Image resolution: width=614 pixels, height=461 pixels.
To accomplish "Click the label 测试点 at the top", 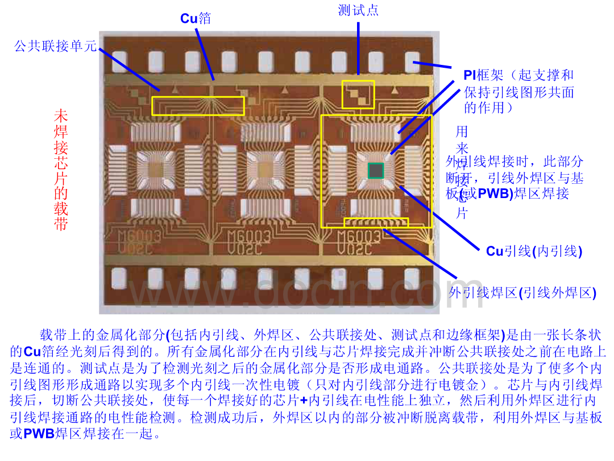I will pos(358,10).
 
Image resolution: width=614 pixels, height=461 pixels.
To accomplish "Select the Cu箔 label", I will pos(196,18).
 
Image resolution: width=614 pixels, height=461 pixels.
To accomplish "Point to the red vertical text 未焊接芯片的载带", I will pos(61,170).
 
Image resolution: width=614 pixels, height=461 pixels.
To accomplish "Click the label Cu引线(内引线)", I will pos(534,251).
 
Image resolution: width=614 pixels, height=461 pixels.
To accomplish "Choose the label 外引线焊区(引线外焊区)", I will pos(522,293).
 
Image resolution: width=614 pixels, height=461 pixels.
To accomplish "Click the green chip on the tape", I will pos(375,170).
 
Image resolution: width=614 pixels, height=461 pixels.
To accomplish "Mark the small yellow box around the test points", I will pos(358,94).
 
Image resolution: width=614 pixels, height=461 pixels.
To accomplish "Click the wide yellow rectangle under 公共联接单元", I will pos(198,105).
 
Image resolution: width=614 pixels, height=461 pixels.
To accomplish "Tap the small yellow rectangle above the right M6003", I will pos(376,221).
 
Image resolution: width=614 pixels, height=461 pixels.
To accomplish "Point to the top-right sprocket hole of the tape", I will pos(412,61).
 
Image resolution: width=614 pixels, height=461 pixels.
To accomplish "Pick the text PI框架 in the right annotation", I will pos(476,75).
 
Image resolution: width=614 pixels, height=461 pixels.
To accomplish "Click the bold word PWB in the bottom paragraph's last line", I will pos(39,434).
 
